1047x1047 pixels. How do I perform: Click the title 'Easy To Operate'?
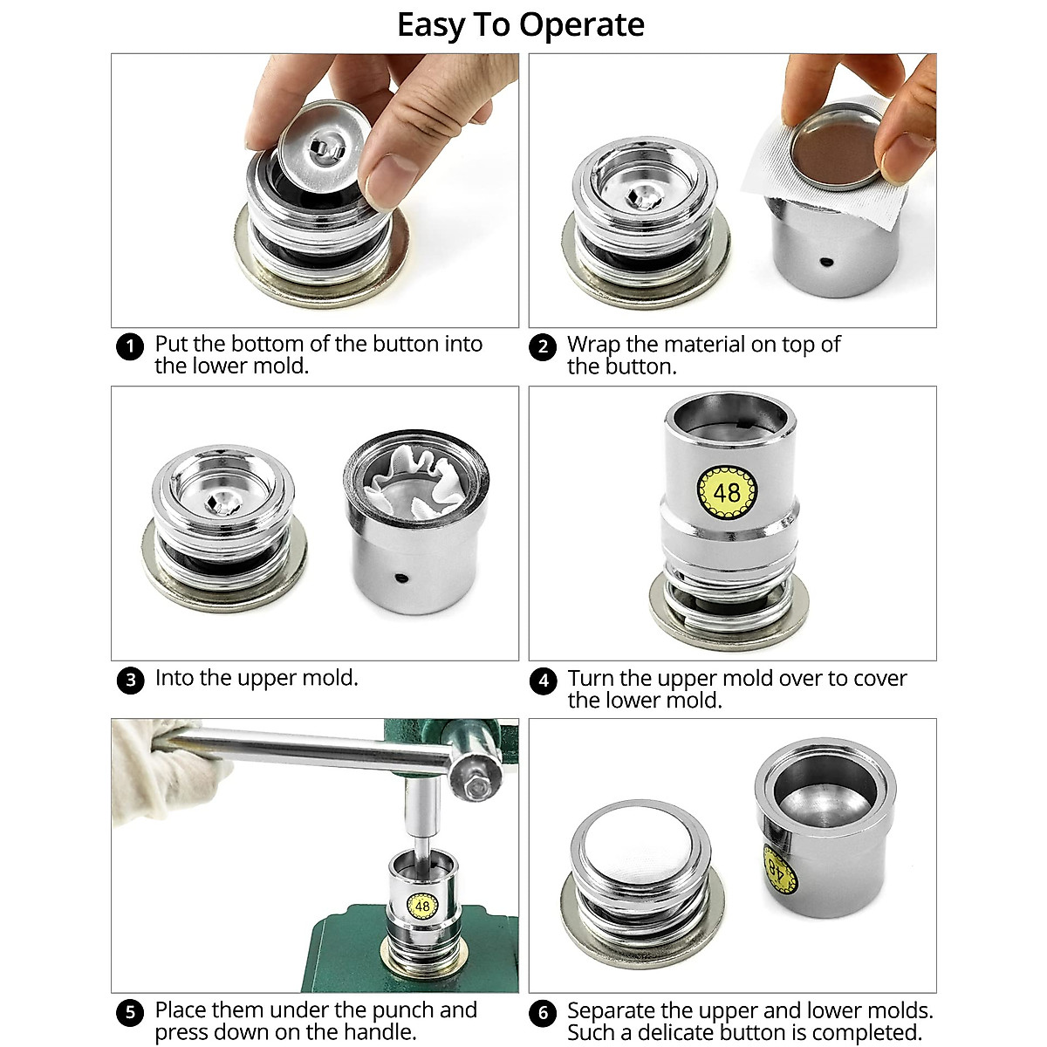(521, 25)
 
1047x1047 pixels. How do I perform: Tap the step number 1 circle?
(130, 346)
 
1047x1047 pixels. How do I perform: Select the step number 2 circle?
(543, 346)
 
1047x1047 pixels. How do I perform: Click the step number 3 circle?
(130, 680)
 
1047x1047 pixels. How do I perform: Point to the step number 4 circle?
(543, 681)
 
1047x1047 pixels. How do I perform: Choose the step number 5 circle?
(130, 1012)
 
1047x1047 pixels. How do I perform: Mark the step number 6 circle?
(543, 1012)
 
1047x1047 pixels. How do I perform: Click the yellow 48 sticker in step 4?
(726, 491)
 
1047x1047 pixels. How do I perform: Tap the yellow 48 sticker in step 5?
(422, 907)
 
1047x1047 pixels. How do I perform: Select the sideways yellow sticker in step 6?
(778, 867)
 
